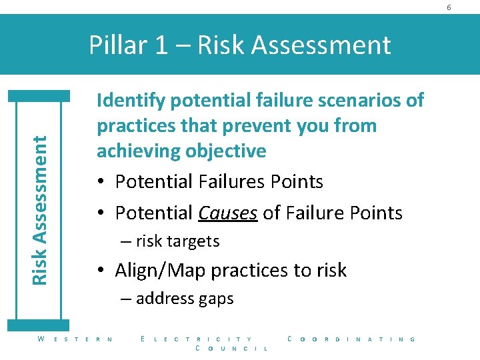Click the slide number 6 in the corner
pos(467,7)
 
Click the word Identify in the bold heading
pos(131,101)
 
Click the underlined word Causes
pos(227,213)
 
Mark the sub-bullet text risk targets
pos(177,241)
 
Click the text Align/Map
pos(157,270)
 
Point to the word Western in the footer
pos(75,339)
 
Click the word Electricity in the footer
pos(197,339)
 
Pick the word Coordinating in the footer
pos(351,339)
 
